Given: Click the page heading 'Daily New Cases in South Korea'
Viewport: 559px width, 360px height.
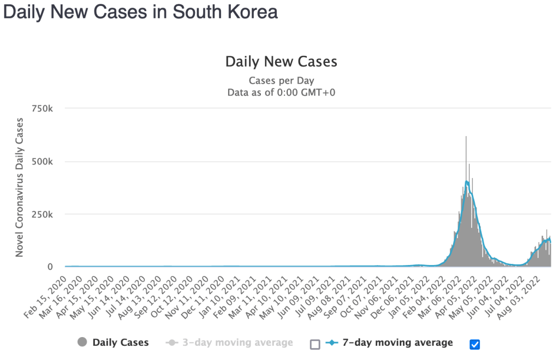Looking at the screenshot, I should (x=140, y=13).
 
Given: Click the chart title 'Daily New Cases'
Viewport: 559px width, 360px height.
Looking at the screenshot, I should (x=281, y=62).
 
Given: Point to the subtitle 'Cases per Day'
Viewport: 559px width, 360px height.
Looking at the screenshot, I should (x=281, y=81).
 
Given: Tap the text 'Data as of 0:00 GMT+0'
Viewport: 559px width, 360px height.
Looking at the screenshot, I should (x=281, y=92).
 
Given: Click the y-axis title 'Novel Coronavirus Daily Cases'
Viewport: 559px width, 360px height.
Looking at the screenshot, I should (x=20, y=187).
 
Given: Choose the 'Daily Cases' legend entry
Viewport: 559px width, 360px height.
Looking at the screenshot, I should (x=120, y=343).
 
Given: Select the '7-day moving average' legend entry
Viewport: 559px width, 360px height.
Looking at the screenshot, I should (x=397, y=343).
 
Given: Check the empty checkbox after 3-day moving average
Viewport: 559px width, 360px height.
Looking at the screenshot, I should (x=314, y=344).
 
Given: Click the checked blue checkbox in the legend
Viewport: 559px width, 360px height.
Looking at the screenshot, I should (x=474, y=344).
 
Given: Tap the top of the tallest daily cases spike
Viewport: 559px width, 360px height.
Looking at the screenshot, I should (x=466, y=137).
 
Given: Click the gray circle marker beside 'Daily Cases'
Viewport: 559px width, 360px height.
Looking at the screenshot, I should (x=82, y=343).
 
